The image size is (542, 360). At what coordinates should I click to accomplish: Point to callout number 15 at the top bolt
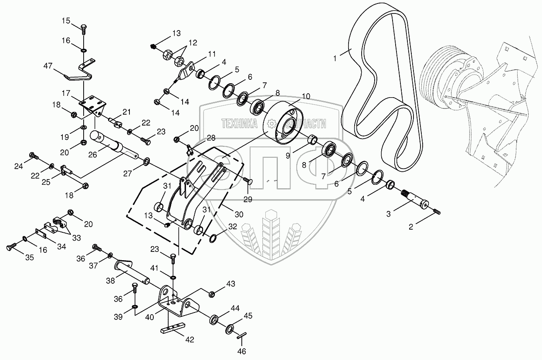[x=66, y=20]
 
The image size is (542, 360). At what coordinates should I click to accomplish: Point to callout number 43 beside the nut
[x=230, y=284]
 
